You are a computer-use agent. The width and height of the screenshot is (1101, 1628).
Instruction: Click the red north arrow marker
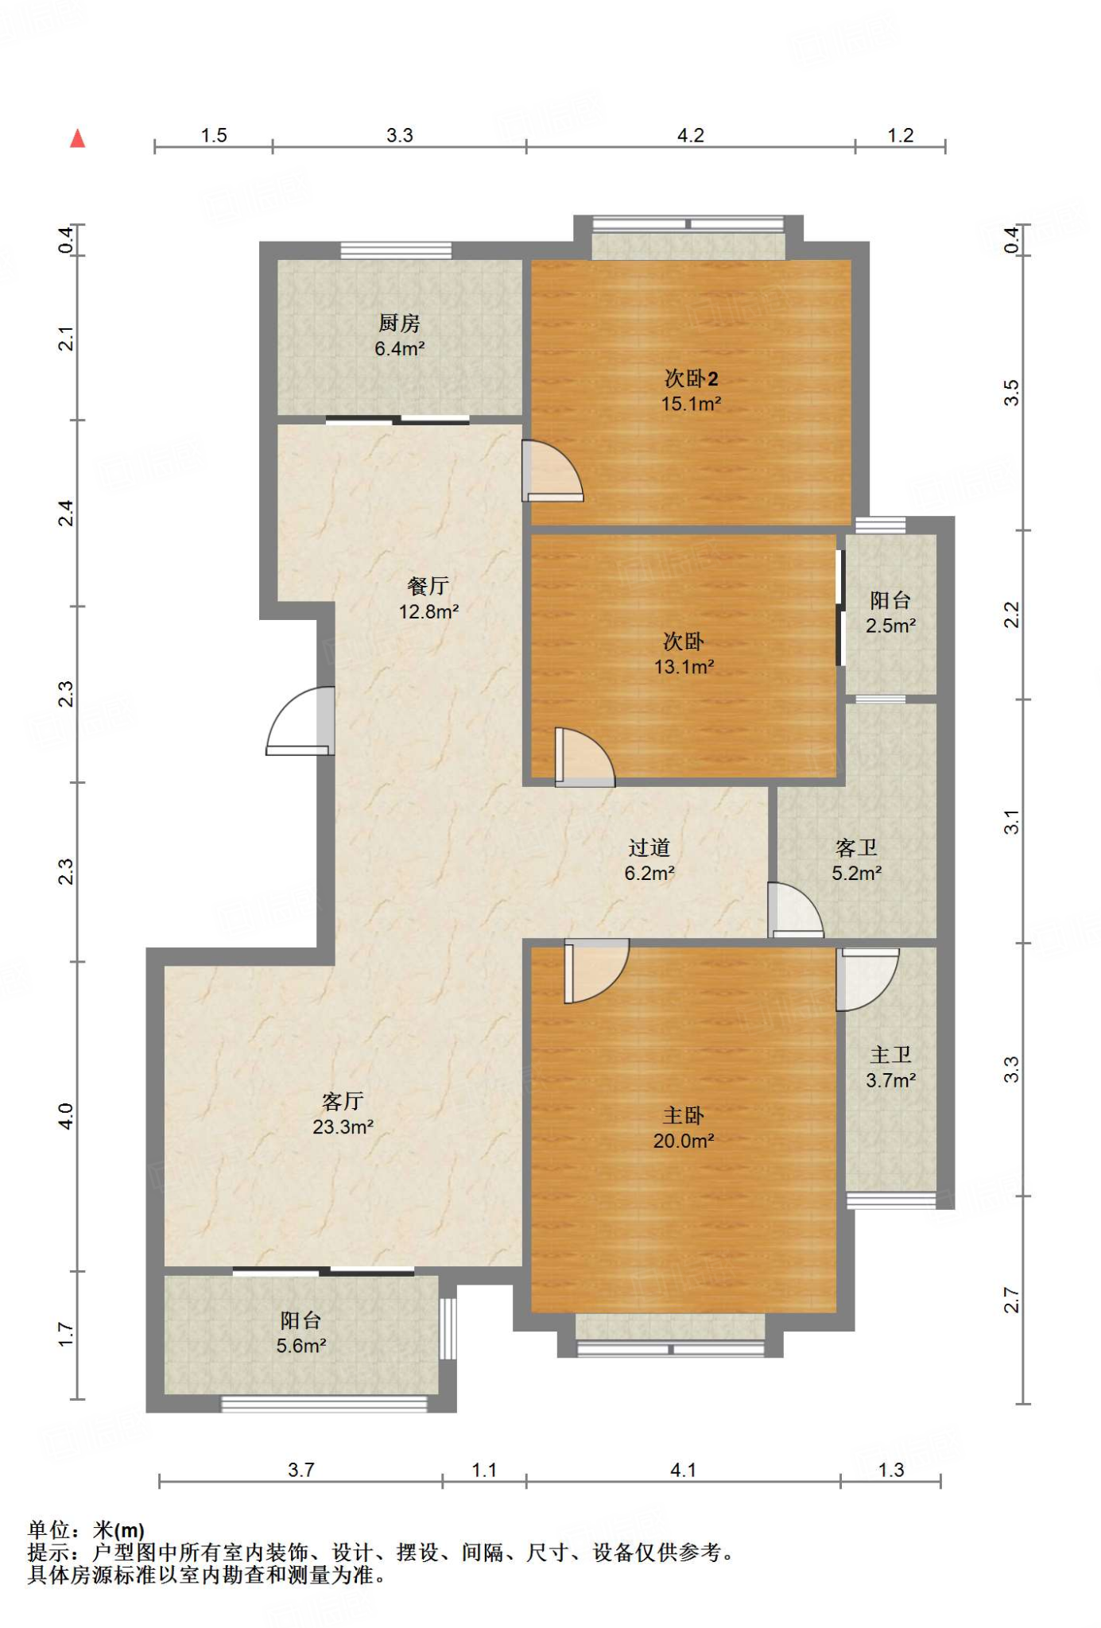point(77,138)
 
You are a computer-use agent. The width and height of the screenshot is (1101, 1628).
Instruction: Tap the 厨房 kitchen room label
point(399,323)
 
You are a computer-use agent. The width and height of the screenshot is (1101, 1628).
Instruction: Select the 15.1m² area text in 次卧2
point(691,404)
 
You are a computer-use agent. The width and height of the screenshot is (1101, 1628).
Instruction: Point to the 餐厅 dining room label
point(428,586)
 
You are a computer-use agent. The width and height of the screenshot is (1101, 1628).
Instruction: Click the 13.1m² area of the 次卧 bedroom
point(684,667)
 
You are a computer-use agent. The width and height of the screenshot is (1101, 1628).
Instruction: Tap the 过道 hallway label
point(649,848)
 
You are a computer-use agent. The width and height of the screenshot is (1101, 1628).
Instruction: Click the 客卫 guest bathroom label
point(857,848)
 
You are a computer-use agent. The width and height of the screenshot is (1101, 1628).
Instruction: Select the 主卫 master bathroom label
point(890,1055)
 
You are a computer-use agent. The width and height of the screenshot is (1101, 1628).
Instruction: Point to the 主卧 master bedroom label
point(684,1116)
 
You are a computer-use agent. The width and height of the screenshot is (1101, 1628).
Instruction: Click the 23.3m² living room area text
point(343,1127)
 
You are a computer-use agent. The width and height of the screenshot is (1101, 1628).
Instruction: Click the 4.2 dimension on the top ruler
point(690,135)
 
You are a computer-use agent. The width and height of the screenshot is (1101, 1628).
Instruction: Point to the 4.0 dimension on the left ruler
point(66,1116)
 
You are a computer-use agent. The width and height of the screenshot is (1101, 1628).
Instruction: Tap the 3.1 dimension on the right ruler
point(1010,822)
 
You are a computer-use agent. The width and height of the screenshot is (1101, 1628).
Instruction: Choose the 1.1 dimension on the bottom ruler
point(484,1470)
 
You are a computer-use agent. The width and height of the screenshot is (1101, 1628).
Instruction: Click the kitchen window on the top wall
point(396,250)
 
